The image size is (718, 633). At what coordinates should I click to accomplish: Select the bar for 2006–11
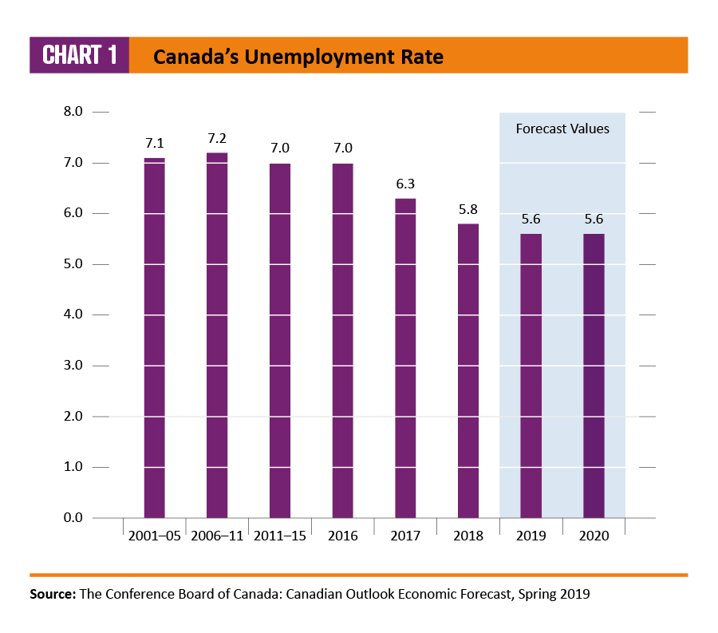[217, 335]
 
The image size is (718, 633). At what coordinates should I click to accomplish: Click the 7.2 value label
[217, 139]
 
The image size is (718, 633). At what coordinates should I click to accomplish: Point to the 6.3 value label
[405, 184]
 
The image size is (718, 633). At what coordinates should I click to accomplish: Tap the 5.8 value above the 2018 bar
[468, 210]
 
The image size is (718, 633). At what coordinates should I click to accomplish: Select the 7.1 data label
[154, 144]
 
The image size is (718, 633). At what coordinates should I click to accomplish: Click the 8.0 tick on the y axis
[73, 112]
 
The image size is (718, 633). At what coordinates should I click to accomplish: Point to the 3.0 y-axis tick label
[73, 366]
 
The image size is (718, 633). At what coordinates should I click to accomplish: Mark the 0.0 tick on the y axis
[73, 518]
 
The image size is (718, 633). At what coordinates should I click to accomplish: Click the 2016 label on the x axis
[342, 536]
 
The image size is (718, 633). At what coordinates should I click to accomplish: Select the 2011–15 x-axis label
[279, 536]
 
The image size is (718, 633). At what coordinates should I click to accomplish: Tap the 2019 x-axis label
[531, 536]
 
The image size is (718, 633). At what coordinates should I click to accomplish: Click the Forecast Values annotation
[562, 129]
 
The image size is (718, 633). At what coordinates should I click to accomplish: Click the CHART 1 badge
[79, 55]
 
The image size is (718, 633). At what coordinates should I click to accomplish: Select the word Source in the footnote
[52, 595]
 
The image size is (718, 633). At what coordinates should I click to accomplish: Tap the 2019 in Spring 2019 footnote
[574, 595]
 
